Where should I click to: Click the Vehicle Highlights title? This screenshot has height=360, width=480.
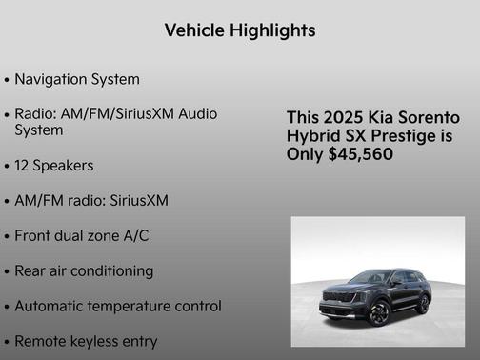[240, 30]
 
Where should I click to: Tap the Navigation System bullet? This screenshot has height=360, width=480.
[77, 79]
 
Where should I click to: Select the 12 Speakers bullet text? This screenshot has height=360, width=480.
[54, 165]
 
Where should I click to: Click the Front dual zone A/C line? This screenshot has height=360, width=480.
[82, 235]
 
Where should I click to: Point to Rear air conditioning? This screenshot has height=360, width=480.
[84, 270]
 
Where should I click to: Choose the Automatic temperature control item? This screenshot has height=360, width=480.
[118, 306]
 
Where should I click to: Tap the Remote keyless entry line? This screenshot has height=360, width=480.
[86, 341]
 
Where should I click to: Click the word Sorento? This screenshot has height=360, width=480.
[429, 117]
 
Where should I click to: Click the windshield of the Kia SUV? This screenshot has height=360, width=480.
[368, 278]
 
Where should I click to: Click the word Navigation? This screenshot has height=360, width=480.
[53, 79]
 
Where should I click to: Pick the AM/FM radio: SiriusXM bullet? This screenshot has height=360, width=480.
[91, 200]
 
